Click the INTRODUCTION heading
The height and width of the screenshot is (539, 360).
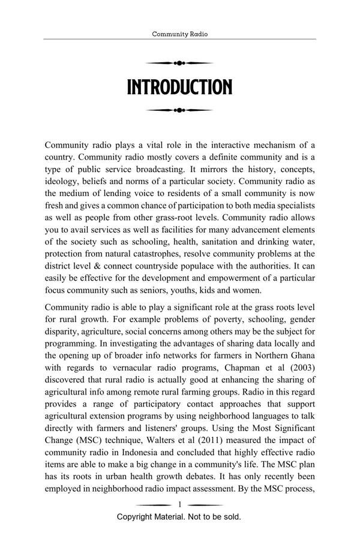click(179, 88)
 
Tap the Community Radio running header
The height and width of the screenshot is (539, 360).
click(179, 35)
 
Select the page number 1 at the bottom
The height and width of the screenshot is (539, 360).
click(179, 504)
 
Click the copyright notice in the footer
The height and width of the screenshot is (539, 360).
click(179, 516)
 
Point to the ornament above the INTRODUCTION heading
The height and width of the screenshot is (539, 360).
click(179, 63)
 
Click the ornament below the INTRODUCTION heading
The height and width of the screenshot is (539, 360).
click(179, 110)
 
